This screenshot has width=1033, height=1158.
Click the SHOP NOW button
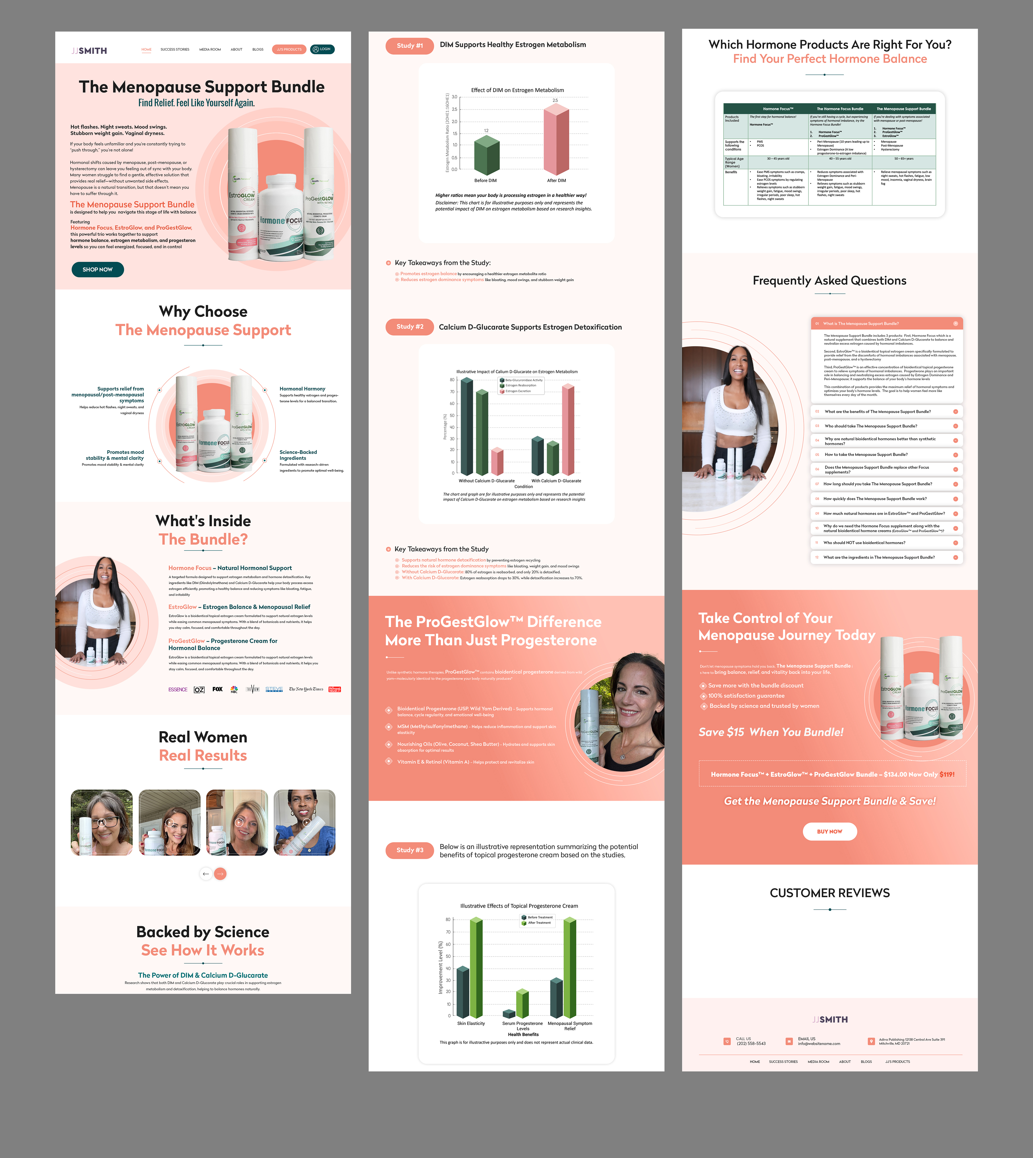coord(98,270)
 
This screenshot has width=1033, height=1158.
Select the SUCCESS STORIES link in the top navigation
coord(175,49)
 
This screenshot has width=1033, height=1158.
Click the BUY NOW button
coord(829,831)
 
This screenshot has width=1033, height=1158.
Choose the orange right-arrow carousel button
coord(220,874)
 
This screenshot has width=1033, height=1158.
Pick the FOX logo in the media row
coord(217,689)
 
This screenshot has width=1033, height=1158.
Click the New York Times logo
coord(306,689)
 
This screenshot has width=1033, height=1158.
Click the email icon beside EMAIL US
coord(788,1041)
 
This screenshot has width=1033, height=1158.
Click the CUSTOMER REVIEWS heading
coord(829,893)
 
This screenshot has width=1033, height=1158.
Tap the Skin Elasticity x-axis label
coord(471,1023)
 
